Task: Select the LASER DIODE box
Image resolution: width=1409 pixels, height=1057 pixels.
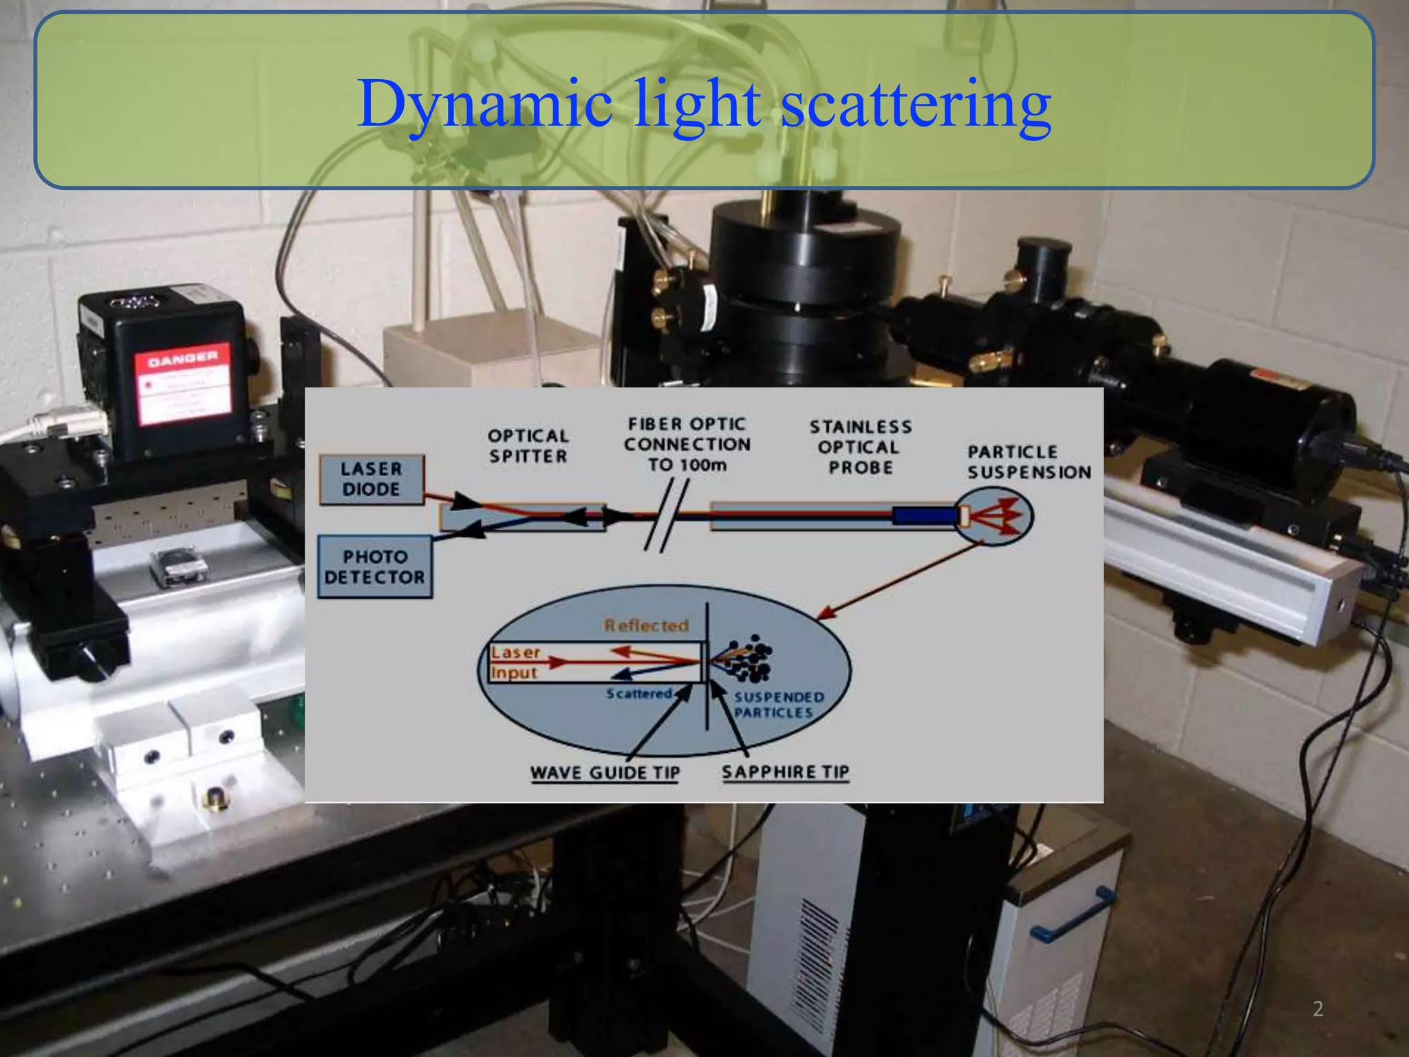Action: [x=372, y=480]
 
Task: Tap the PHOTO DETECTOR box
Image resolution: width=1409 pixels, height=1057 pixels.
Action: [x=375, y=567]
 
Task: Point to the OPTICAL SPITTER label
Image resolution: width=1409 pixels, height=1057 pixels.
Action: [x=528, y=446]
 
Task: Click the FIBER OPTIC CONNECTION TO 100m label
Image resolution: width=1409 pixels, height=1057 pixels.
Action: [x=687, y=445]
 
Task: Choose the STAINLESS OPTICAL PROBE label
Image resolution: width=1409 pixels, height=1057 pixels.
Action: [x=861, y=447]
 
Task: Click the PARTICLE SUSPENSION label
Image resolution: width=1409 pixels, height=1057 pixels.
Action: [x=1029, y=462]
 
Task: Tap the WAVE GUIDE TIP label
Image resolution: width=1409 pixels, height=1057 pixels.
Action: [x=605, y=773]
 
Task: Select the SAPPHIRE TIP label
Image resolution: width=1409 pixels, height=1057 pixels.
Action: [x=785, y=772]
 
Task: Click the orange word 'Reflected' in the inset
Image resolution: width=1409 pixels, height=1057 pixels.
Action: [x=646, y=626]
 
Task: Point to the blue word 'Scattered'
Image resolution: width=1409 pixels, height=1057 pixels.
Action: [x=639, y=694]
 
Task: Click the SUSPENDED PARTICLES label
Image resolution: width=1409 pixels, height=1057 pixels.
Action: [x=778, y=705]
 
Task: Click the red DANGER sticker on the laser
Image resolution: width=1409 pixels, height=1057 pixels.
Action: [x=182, y=384]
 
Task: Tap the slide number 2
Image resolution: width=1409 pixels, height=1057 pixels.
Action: [x=1317, y=1010]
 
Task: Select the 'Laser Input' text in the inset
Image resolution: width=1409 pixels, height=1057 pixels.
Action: [x=515, y=662]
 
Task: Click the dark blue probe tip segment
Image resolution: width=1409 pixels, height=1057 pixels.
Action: [x=925, y=516]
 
